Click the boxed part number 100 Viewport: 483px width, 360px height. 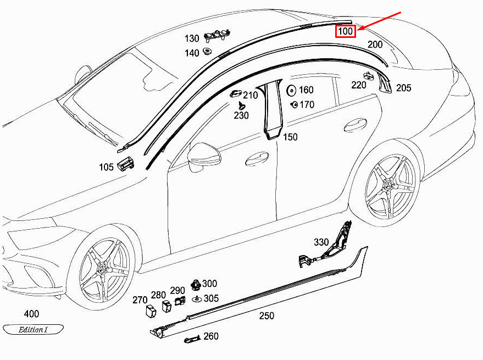click(346, 31)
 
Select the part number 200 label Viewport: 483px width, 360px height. click(375, 45)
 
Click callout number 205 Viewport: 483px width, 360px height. click(403, 87)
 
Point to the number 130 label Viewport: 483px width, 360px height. click(192, 38)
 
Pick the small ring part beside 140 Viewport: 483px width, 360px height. click(208, 51)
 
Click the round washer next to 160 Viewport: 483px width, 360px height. click(291, 90)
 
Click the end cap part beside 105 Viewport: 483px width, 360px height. click(125, 163)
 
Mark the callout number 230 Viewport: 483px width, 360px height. click(241, 115)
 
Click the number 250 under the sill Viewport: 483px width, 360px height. click(267, 316)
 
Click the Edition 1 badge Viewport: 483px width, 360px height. click(34, 330)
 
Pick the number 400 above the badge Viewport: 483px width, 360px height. click(32, 314)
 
